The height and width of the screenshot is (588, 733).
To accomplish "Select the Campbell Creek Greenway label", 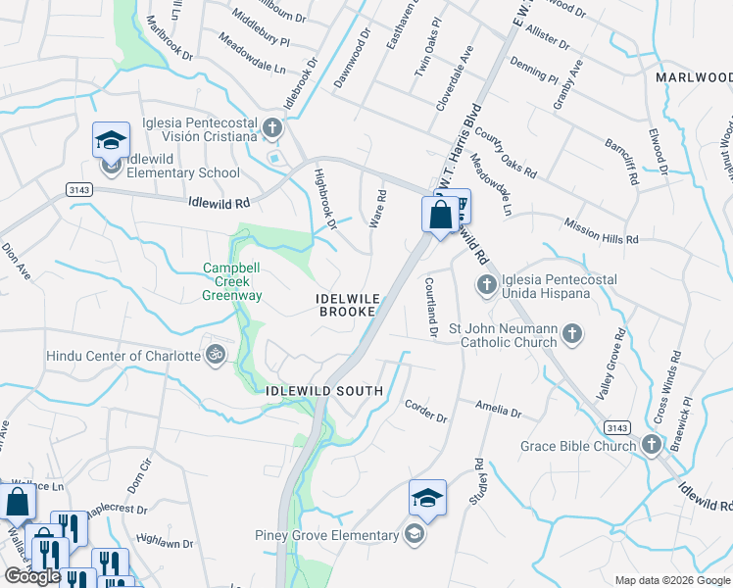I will pyautogui.click(x=232, y=281).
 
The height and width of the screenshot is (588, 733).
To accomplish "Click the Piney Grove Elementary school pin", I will pyautogui.click(x=426, y=500).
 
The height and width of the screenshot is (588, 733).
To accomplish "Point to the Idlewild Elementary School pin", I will pyautogui.click(x=111, y=143).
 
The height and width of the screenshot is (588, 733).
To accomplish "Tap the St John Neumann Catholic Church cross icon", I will pyautogui.click(x=572, y=336).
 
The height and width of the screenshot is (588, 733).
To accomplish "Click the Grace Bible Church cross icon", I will pyautogui.click(x=651, y=446).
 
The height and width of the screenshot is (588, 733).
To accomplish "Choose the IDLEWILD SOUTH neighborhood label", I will pyautogui.click(x=324, y=390).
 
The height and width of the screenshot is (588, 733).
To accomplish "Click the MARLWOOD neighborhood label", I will pyautogui.click(x=694, y=76).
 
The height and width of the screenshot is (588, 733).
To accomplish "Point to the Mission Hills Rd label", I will pyautogui.click(x=601, y=231).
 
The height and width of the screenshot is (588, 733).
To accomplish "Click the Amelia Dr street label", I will pyautogui.click(x=499, y=407).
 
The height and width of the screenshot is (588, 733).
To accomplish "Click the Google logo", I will pyautogui.click(x=32, y=576).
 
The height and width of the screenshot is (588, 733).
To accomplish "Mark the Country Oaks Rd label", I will pyautogui.click(x=505, y=152).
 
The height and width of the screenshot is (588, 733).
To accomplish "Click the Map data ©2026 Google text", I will pyautogui.click(x=671, y=580).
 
